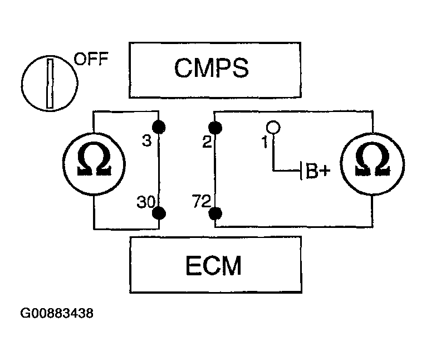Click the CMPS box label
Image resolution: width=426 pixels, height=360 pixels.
point(212,68)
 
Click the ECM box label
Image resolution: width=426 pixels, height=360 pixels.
point(213,265)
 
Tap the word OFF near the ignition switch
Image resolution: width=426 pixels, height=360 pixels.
point(91,59)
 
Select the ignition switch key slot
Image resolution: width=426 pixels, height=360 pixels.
point(50,84)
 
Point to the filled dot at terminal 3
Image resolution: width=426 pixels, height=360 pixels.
point(159,127)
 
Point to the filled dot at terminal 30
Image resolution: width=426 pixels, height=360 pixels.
point(159,213)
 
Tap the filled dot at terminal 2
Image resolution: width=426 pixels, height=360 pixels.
point(215,128)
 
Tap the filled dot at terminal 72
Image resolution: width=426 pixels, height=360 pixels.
point(215,213)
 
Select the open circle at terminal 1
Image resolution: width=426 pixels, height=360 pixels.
point(273,127)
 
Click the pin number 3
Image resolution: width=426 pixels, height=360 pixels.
point(146,141)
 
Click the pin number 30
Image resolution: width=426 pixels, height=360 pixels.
point(146,202)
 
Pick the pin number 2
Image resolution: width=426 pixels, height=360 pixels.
point(207,142)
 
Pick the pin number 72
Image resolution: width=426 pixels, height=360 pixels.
point(202,201)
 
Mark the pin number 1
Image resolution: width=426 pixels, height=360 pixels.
point(265,142)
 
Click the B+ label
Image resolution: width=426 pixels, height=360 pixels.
point(318,171)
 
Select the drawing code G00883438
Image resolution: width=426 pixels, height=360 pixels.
point(57,313)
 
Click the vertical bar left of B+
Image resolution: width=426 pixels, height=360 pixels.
point(301,171)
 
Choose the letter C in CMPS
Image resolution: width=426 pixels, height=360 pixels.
point(183,68)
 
